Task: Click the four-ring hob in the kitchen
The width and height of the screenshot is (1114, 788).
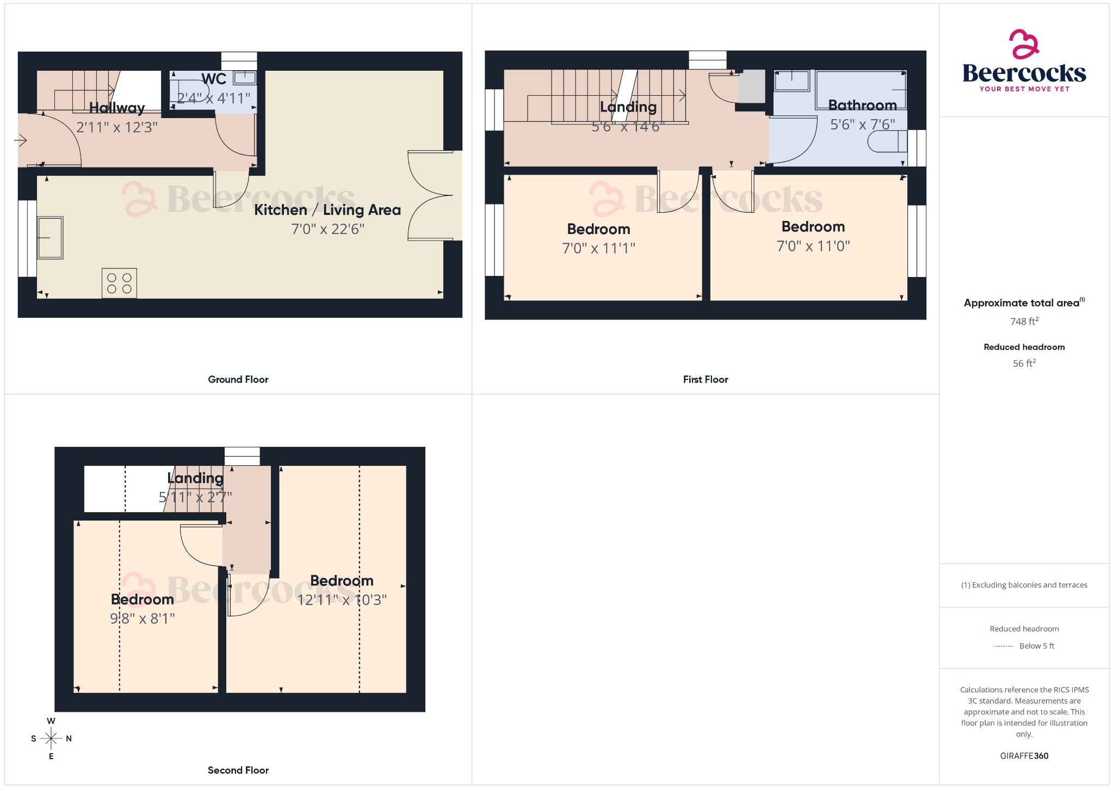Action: (x=119, y=283)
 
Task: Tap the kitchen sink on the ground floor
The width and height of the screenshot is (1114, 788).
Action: (x=50, y=237)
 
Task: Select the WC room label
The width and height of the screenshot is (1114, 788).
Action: (x=214, y=79)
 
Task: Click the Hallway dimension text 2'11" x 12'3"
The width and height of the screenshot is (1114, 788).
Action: (x=116, y=127)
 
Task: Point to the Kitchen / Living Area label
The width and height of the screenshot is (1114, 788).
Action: (x=327, y=210)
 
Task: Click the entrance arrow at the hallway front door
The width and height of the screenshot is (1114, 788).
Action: (x=20, y=141)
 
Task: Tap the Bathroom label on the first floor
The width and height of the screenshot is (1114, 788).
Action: (x=862, y=105)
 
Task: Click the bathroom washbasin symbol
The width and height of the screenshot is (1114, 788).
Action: (x=791, y=81)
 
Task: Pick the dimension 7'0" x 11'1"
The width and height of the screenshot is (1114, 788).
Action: (x=598, y=248)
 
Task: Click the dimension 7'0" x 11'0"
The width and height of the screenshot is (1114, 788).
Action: (x=813, y=246)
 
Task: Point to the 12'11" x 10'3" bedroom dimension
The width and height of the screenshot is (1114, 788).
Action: (x=342, y=600)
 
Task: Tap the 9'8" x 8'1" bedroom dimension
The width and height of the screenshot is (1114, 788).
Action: (x=143, y=618)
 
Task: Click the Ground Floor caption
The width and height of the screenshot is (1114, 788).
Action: (x=238, y=379)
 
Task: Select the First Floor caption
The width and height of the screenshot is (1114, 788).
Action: (x=705, y=379)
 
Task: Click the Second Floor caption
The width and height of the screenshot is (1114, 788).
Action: (x=238, y=770)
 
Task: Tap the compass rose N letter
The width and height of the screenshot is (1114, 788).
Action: (x=69, y=738)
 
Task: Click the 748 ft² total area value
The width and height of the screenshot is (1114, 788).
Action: (x=1024, y=321)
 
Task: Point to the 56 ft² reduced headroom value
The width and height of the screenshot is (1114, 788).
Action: (x=1024, y=363)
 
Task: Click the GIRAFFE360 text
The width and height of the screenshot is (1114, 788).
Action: (x=1024, y=755)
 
